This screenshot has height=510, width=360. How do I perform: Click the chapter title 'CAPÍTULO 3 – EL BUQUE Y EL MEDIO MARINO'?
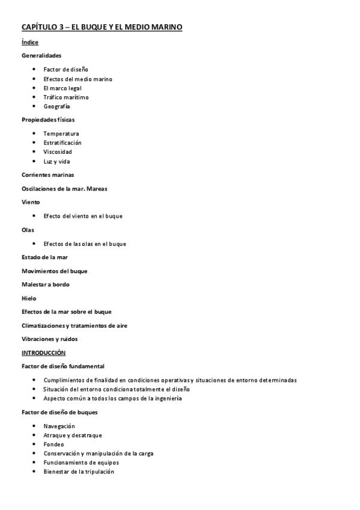pyautogui.click(x=102, y=28)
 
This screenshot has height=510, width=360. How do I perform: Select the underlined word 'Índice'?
pyautogui.click(x=30, y=42)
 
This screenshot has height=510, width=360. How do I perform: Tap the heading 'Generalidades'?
pyautogui.click(x=41, y=55)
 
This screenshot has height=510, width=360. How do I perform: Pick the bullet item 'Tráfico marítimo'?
pyautogui.click(x=66, y=97)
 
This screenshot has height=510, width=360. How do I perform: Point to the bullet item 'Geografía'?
pyautogui.click(x=56, y=106)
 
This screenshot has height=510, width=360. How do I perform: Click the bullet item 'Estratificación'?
pyautogui.click(x=63, y=143)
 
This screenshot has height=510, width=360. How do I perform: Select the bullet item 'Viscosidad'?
pyautogui.click(x=58, y=152)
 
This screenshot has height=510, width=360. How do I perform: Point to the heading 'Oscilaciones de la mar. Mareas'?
pyautogui.click(x=64, y=188)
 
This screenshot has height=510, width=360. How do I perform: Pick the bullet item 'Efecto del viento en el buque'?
pyautogui.click(x=83, y=215)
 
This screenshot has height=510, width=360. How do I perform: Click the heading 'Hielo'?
pyautogui.click(x=29, y=298)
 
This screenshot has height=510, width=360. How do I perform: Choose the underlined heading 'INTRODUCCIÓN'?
pyautogui.click(x=43, y=352)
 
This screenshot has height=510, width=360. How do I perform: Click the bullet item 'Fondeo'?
pyautogui.click(x=53, y=444)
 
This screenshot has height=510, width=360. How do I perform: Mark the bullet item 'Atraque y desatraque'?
pyautogui.click(x=72, y=435)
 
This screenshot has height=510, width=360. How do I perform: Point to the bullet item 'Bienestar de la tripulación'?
pyautogui.click(x=79, y=472)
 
